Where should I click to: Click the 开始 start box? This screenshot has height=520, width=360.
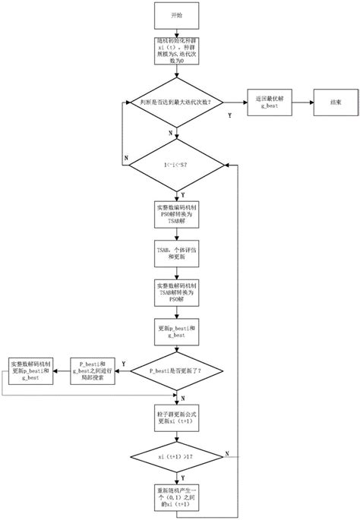[x=176, y=15]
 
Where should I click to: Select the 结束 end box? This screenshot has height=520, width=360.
[x=335, y=100]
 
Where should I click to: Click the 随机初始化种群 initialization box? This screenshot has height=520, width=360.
[x=176, y=53]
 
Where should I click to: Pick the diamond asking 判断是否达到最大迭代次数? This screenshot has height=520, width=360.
[x=176, y=100]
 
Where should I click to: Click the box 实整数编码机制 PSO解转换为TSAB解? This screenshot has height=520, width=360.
[x=176, y=213]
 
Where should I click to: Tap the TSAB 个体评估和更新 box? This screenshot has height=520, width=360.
[x=176, y=255]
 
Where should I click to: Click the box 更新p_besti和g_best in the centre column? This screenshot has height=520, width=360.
[x=176, y=331]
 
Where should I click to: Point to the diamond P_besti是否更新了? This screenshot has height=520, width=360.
[x=176, y=371]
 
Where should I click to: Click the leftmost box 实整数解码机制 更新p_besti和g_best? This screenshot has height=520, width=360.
[x=31, y=371]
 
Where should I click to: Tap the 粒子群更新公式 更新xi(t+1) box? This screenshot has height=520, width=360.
[x=176, y=418]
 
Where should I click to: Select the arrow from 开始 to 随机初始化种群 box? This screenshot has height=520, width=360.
[x=176, y=33]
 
